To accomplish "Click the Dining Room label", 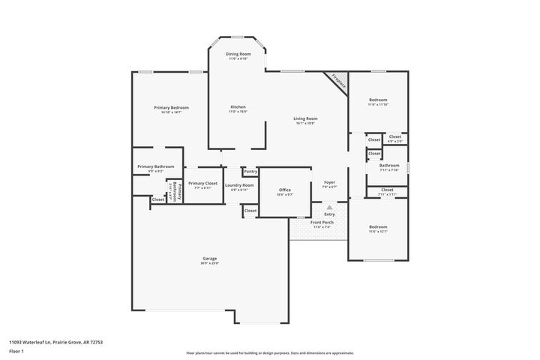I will pos(238,54).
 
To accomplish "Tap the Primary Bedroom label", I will pos(171,108).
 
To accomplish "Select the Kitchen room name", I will pos(238,107).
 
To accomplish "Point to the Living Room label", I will pos(305,118).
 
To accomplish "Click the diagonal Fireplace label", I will pos(338,82).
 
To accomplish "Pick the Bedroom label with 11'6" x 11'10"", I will pos(378,100).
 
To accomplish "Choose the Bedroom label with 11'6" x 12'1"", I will pos(378,226).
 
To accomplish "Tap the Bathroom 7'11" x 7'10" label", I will pos(389,166).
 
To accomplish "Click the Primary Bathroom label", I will pos(155,166).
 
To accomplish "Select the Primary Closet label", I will pos(202,184).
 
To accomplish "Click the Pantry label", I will pos(250,172).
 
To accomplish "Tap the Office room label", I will pos(284,190).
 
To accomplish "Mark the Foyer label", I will pos(329,182).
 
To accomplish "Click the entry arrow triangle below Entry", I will pos(328,205).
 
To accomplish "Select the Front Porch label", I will pos(322,223).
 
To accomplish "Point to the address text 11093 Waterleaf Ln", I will pos(55,342).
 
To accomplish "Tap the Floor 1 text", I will pos(16,351).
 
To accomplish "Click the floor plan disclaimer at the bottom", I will pos(269,352).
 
